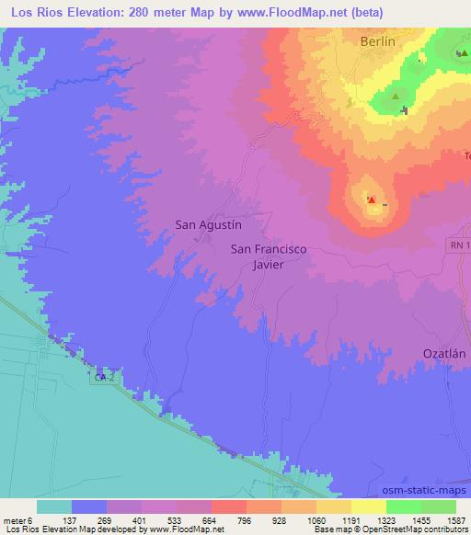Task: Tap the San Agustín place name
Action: tap(208, 222)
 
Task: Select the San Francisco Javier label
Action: tap(268, 255)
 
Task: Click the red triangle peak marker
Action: tap(371, 199)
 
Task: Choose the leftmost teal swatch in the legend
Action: tap(54, 507)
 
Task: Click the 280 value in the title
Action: tap(147, 13)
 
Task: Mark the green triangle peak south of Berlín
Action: tap(396, 96)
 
